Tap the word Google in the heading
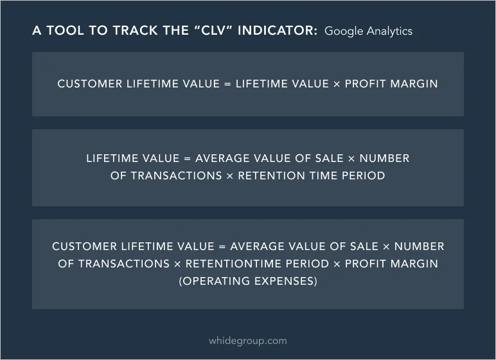[x=344, y=32]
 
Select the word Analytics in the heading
[x=389, y=31]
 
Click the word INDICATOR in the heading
[x=278, y=30]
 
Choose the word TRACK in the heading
[x=136, y=30]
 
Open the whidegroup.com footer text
[x=248, y=341]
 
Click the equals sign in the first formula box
[x=227, y=84]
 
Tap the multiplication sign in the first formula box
[x=337, y=84]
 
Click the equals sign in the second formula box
[x=187, y=158]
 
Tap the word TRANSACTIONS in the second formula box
[x=176, y=175]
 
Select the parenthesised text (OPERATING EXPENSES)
[x=248, y=281]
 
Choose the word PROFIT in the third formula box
[x=366, y=264]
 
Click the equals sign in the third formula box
[x=222, y=247]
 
